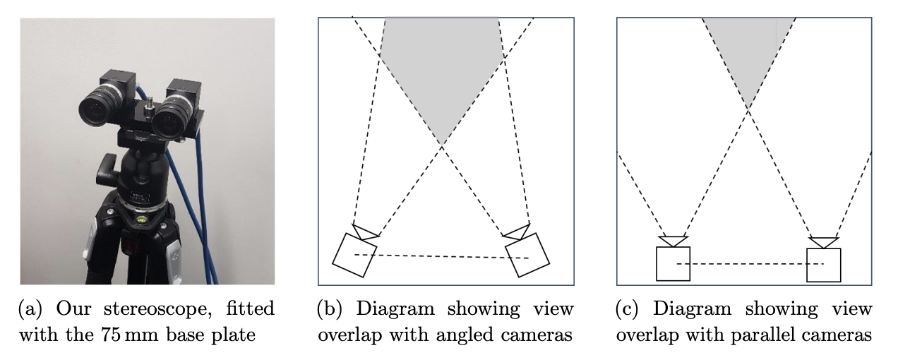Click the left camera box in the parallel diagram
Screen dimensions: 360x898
[x=673, y=263]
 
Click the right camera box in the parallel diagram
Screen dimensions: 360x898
[x=823, y=264]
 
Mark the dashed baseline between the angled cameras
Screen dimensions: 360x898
[x=441, y=256]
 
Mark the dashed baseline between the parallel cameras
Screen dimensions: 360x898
[x=748, y=263]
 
